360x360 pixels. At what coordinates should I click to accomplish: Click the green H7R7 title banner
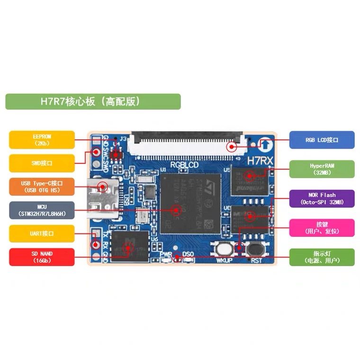point(93,101)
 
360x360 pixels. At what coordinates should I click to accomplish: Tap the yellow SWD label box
point(42,163)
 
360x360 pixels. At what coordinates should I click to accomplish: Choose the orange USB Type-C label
point(42,186)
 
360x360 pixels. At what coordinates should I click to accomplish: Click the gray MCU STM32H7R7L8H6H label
point(42,210)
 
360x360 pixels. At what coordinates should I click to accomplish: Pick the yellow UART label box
point(42,234)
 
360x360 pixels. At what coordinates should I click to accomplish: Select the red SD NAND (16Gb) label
point(42,257)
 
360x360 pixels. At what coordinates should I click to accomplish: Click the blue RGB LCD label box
point(322,140)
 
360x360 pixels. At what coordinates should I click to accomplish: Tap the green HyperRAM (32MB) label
point(322,169)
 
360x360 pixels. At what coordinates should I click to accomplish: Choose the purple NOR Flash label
point(322,198)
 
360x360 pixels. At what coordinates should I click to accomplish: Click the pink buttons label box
point(322,228)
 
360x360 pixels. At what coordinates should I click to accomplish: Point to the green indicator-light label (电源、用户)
point(322,257)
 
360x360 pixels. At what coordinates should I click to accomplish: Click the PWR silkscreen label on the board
point(165,255)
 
